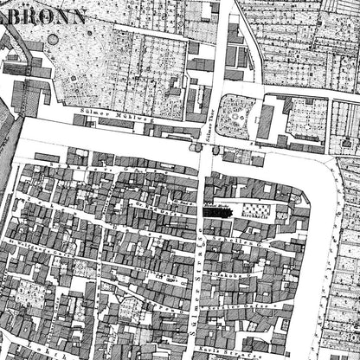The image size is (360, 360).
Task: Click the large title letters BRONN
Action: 54,15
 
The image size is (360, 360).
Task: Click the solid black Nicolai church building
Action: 216,211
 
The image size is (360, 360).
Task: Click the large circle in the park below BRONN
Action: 54,40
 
